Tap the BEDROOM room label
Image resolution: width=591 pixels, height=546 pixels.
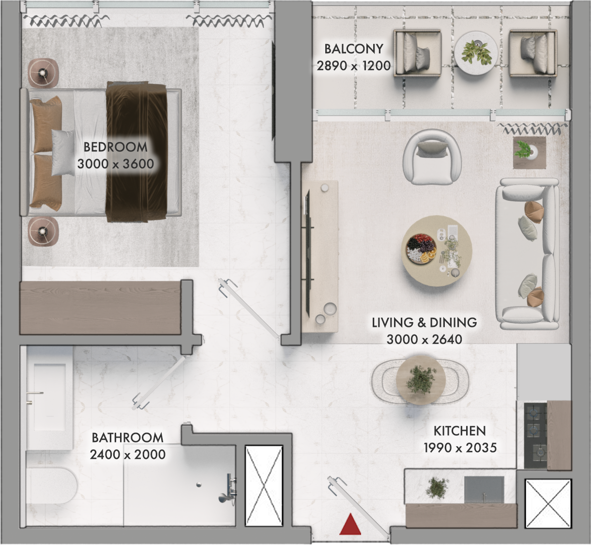(116, 147)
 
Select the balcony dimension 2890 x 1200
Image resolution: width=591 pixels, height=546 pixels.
(353, 66)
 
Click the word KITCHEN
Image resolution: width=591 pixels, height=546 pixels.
(460, 431)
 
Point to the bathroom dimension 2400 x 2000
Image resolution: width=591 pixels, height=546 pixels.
(128, 455)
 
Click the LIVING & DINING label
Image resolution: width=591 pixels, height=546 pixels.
(424, 323)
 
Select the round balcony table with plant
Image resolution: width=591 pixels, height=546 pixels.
(476, 53)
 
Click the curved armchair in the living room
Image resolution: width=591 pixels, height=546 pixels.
(432, 157)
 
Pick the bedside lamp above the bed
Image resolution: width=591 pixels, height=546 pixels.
(44, 73)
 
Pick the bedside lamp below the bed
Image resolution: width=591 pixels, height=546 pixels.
(44, 231)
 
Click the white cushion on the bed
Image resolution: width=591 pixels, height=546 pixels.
(63, 152)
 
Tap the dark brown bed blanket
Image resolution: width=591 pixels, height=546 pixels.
(136, 152)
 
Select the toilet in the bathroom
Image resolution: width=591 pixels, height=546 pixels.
(51, 486)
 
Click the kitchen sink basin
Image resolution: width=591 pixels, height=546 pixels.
(484, 489)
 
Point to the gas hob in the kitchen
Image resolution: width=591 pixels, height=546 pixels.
(535, 436)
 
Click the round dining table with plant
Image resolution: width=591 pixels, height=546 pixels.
(421, 380)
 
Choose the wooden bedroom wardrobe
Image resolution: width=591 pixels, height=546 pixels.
(100, 308)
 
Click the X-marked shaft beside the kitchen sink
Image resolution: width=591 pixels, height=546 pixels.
(548, 504)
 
